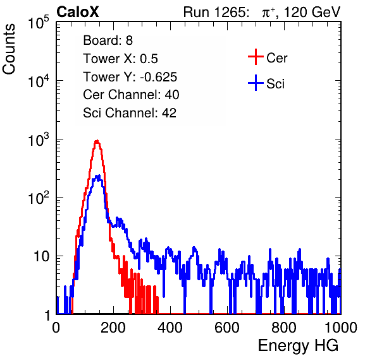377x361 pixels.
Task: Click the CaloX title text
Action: pos(78,12)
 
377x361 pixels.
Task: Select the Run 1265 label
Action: pos(216,12)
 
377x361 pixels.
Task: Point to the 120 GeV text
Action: pos(312,12)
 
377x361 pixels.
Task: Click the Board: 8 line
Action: pos(108,40)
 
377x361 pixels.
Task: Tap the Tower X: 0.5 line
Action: pos(120,59)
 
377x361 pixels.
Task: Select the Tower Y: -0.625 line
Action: pos(130,77)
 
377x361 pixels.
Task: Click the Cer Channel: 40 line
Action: pos(131,95)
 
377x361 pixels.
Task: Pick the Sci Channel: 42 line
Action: pos(130,112)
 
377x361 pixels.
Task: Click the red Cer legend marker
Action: pos(256,57)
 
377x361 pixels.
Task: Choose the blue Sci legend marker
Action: pos(256,83)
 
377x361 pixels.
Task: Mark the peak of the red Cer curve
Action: pos(97,141)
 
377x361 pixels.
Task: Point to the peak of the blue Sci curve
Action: pos(98,176)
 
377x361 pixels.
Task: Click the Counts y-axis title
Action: pos(9,49)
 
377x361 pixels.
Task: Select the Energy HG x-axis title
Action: pos(299,346)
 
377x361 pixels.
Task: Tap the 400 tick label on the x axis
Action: pos(170,328)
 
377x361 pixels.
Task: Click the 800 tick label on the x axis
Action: pos(284,328)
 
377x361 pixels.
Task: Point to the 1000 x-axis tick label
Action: pos(341,328)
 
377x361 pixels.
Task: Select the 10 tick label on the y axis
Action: pos(41,256)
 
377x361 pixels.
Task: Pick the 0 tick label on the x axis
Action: pos(56,328)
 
